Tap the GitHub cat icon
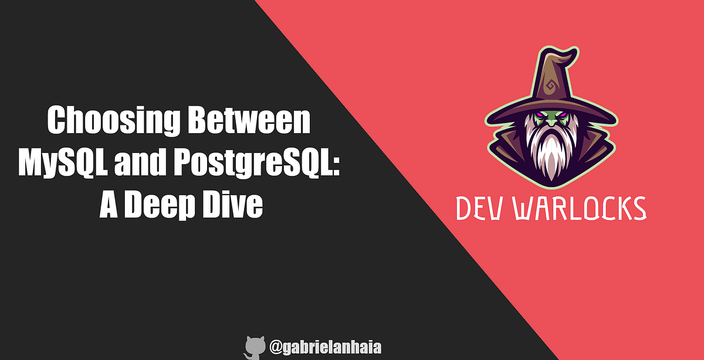[x=255, y=347]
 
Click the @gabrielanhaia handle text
[x=326, y=348]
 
